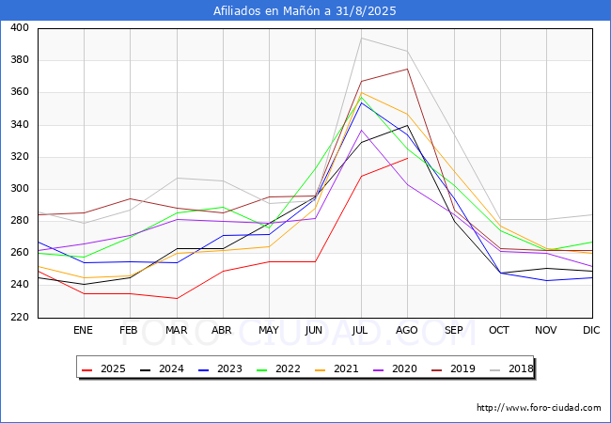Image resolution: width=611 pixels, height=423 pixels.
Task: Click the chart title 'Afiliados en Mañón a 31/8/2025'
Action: pyautogui.click(x=305, y=10)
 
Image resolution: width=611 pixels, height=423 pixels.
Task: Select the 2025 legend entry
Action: pyautogui.click(x=103, y=368)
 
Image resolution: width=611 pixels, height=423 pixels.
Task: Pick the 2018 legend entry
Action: pyautogui.click(x=511, y=368)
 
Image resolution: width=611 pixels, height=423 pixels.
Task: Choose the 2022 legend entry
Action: pyautogui.click(x=278, y=368)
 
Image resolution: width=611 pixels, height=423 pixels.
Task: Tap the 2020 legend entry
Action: pyautogui.click(x=395, y=368)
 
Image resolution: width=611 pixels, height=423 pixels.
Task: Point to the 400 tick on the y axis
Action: pyautogui.click(x=20, y=27)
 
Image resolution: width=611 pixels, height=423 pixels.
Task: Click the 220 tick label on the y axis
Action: pyautogui.click(x=20, y=317)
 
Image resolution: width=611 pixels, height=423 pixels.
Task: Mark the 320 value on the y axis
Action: pyautogui.click(x=20, y=156)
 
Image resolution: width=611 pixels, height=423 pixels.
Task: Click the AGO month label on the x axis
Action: pyautogui.click(x=407, y=330)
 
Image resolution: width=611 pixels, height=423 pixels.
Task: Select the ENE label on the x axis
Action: pyautogui.click(x=83, y=330)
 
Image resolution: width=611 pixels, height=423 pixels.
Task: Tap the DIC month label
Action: pyautogui.click(x=591, y=330)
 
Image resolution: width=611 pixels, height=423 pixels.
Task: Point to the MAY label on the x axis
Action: pyautogui.click(x=269, y=330)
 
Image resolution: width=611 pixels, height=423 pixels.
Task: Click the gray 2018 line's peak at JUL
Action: pyautogui.click(x=361, y=38)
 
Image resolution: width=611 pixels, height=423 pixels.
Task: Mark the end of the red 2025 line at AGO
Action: pyautogui.click(x=408, y=158)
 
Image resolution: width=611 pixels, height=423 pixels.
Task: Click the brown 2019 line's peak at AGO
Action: pyautogui.click(x=407, y=69)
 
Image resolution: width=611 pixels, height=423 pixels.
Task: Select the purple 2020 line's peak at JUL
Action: pyautogui.click(x=361, y=130)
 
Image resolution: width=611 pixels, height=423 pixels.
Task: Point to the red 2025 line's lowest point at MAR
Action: pyautogui.click(x=177, y=298)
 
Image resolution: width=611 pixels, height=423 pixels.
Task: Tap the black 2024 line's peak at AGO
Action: pyautogui.click(x=407, y=125)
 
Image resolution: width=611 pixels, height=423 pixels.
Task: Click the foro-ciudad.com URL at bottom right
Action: pyautogui.click(x=539, y=408)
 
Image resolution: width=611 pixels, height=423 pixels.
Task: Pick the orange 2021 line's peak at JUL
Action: pyautogui.click(x=361, y=93)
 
